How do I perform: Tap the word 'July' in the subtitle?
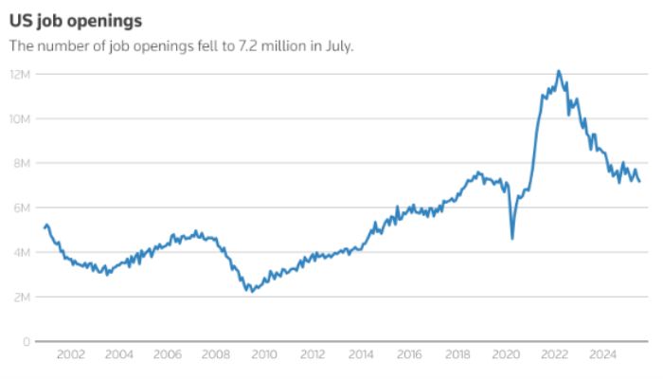336,45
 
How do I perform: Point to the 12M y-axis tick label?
22,74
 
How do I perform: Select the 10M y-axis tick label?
22,118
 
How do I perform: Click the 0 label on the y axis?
27,341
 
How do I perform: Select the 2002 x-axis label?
71,355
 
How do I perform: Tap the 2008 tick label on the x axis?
216,355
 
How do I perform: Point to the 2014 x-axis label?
361,355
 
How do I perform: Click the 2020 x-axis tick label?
506,355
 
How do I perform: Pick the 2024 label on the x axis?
602,355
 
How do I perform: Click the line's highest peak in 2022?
558,71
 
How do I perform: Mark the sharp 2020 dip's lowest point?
512,238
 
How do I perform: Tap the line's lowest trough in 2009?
250,291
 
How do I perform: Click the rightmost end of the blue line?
639,181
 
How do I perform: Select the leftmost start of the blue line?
45,226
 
